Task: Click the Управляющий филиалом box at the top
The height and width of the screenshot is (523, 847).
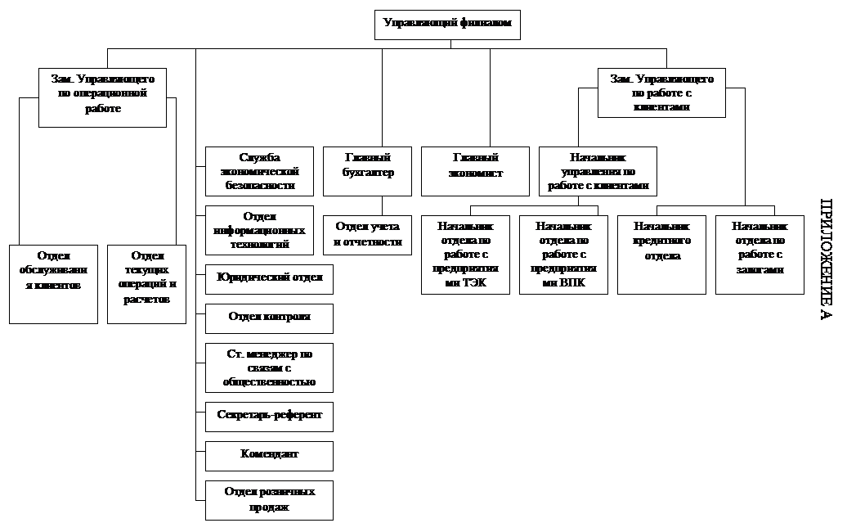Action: pyautogui.click(x=447, y=25)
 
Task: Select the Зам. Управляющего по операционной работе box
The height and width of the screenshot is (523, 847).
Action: pyautogui.click(x=102, y=97)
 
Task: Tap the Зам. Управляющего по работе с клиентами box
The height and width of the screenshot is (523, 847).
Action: pyautogui.click(x=661, y=92)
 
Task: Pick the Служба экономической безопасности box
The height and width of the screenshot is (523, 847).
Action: pyautogui.click(x=259, y=171)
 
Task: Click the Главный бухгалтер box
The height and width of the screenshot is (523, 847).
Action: pyautogui.click(x=367, y=171)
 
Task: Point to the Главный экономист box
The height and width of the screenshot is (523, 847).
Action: pyautogui.click(x=475, y=171)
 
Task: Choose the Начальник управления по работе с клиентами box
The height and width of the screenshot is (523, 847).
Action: pyautogui.click(x=598, y=171)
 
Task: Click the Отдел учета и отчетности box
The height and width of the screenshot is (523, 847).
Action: pyautogui.click(x=367, y=235)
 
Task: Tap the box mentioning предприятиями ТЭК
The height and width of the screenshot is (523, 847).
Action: pyautogui.click(x=465, y=255)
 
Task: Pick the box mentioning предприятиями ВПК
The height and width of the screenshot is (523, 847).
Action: pyautogui.click(x=563, y=255)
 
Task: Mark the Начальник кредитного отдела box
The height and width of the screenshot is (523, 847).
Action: pyautogui.click(x=661, y=255)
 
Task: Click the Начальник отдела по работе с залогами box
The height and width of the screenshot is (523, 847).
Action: pyautogui.click(x=760, y=255)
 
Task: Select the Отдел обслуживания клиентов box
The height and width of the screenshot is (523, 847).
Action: pyautogui.click(x=53, y=284)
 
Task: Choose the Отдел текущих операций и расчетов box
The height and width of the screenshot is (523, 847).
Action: pyautogui.click(x=146, y=284)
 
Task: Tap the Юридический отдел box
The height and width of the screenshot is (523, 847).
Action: pyautogui.click(x=269, y=278)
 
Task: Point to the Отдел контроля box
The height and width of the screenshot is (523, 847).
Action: pyautogui.click(x=269, y=318)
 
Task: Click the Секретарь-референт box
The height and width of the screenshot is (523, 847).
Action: pyautogui.click(x=269, y=416)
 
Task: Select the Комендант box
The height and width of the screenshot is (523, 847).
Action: pyautogui.click(x=269, y=456)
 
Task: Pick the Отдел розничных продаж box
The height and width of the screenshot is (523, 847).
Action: pyautogui.click(x=269, y=501)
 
